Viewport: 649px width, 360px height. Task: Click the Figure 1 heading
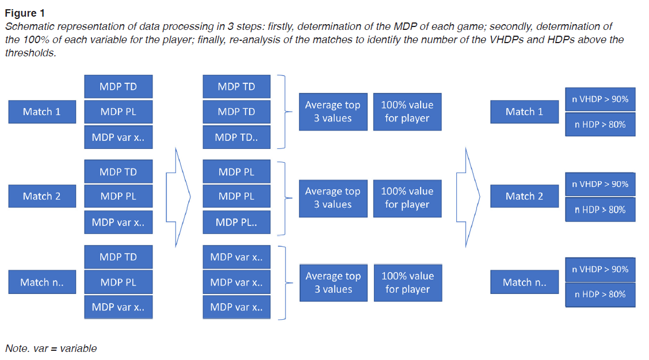(x=25, y=13)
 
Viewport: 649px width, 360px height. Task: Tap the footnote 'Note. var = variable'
(x=51, y=348)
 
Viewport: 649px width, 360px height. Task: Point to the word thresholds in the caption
(x=30, y=53)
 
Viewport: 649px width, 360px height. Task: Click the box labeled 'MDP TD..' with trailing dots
(x=236, y=137)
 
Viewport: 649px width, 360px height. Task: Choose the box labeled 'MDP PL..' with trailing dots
(x=236, y=222)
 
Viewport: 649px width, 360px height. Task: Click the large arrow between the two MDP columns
(x=178, y=196)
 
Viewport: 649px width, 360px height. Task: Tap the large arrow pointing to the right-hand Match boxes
(x=468, y=196)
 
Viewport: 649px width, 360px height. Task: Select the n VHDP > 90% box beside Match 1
(x=600, y=99)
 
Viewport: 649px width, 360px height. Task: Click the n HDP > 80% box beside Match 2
(x=600, y=209)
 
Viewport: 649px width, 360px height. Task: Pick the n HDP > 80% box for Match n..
(x=600, y=294)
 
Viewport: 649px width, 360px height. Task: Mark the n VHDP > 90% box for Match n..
(x=600, y=269)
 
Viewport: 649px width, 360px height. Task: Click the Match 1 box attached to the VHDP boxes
(x=524, y=112)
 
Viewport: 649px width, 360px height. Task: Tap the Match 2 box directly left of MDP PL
(x=41, y=197)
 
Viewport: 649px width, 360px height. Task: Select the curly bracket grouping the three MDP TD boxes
(x=283, y=112)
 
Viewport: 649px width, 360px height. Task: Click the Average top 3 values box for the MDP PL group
(x=333, y=198)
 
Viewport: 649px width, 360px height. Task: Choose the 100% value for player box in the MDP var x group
(x=407, y=282)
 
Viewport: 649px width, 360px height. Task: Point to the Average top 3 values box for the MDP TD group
(x=333, y=112)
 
